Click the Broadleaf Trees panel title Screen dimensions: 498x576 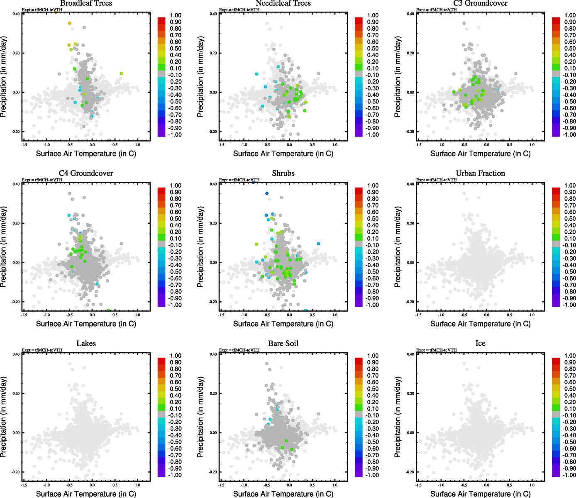pos(86,3)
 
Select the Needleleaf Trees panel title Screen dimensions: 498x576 pos(283,3)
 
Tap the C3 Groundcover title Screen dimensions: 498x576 pos(480,3)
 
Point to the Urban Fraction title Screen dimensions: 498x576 pos(480,173)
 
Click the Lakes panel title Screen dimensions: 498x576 pos(86,344)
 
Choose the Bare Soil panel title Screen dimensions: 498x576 pos(283,344)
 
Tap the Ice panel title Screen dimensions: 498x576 pos(480,344)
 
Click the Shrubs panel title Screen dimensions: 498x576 pos(283,173)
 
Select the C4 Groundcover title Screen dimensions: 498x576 pos(86,173)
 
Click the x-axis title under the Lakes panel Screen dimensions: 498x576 pos(86,494)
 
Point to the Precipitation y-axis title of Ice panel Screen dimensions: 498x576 pos(398,417)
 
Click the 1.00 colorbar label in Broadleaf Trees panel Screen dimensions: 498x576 pos(176,15)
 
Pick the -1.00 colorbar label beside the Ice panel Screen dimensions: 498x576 pos(570,475)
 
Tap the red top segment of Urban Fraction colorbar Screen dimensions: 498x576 pos(556,190)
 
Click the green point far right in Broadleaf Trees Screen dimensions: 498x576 pos(121,73)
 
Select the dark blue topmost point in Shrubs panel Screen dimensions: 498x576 pos(267,193)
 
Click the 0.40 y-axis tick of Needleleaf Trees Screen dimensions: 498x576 pos(213,14)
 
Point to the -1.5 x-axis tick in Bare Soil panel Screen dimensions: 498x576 pos(221,485)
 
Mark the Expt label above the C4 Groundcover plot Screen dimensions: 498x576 pos(42,180)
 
